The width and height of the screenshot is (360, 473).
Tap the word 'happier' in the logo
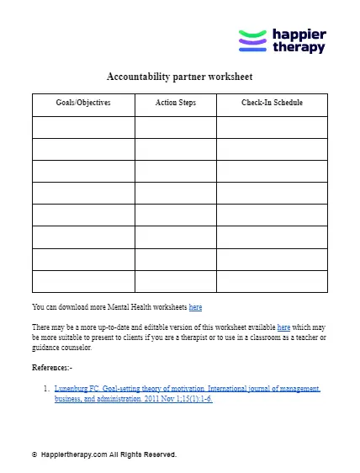(x=299, y=35)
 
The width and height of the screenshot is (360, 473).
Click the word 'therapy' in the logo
(x=299, y=48)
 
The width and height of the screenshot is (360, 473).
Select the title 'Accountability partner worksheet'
(x=180, y=76)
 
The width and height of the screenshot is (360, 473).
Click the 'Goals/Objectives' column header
(x=83, y=104)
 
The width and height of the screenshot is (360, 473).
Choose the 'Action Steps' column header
(x=176, y=104)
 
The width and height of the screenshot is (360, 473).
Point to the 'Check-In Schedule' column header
(x=272, y=104)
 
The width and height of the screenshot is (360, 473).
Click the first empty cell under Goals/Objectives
(x=83, y=126)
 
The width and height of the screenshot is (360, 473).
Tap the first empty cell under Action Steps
(x=176, y=126)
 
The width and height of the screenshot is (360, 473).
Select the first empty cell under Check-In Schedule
(x=272, y=126)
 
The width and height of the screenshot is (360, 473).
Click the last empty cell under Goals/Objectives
(x=83, y=281)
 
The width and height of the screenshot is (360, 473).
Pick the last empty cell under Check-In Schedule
(x=272, y=281)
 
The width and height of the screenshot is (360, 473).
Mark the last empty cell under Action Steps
(x=176, y=281)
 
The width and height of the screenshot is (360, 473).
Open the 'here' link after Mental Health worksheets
(x=195, y=307)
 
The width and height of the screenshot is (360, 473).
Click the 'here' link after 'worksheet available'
(x=283, y=327)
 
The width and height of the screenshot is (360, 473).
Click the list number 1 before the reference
(x=45, y=389)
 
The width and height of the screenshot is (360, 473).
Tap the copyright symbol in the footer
(x=34, y=454)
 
